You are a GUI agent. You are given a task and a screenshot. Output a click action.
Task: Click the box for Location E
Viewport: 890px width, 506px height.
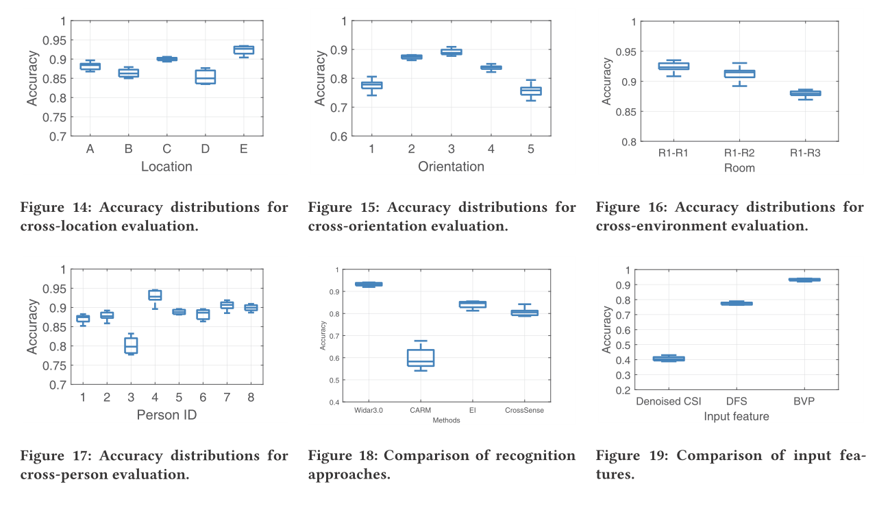[243, 49]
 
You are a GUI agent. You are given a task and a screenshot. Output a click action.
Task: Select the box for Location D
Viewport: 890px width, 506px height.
[205, 76]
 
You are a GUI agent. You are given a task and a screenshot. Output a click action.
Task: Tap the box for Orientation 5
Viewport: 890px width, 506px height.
[530, 91]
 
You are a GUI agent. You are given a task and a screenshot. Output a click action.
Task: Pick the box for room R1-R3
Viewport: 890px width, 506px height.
[805, 93]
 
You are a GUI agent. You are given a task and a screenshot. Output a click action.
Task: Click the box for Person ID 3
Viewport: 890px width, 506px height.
[131, 345]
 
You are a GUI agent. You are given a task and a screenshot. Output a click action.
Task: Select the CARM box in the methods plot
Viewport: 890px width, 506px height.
[421, 358]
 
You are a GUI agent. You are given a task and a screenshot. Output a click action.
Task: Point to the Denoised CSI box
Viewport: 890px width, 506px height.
[669, 359]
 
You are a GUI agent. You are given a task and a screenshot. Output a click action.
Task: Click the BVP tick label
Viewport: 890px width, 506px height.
[804, 401]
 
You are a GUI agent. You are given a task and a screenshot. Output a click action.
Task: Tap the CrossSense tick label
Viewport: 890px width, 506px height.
[524, 410]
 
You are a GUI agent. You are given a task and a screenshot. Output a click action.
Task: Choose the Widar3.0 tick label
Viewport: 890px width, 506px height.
[369, 410]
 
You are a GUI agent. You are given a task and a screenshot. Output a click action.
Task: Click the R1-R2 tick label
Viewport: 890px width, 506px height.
[739, 154]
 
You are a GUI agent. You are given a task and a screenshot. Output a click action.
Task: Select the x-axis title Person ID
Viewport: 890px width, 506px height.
[166, 415]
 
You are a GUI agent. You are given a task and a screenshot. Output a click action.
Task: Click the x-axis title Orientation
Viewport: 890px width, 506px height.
[451, 167]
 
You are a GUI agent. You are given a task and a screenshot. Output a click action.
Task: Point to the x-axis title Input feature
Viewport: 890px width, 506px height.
[736, 416]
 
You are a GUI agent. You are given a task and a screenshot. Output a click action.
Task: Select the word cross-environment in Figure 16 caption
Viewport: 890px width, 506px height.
[657, 226]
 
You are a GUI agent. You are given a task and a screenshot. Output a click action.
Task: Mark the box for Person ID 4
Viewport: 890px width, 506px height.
[155, 295]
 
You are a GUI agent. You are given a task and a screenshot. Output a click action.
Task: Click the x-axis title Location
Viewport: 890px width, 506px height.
[166, 167]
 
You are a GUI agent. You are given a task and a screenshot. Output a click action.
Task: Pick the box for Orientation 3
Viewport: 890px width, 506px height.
[451, 51]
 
